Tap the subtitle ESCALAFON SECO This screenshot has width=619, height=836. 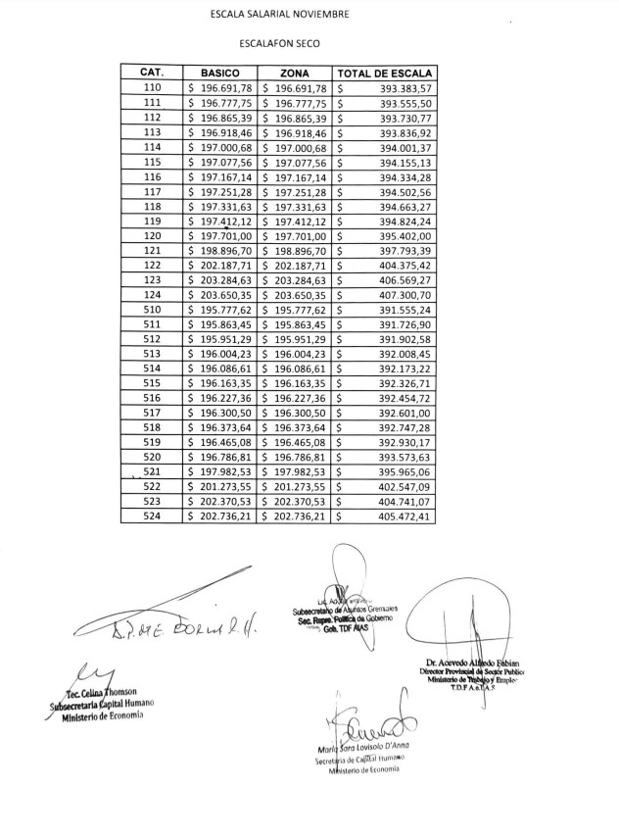point(279,44)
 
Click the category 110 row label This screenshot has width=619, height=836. point(152,88)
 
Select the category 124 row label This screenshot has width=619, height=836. point(152,293)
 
